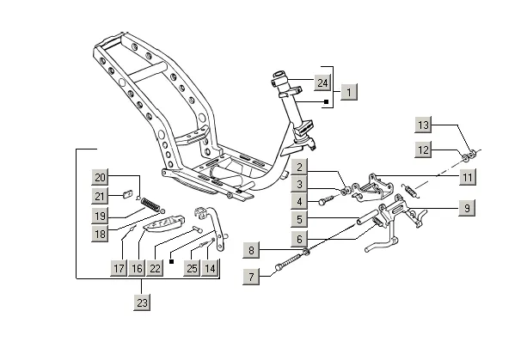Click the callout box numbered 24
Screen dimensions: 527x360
pos(322,82)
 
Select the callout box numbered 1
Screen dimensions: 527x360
pos(349,92)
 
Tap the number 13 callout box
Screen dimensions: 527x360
pos(423,125)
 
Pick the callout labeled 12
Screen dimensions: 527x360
pos(423,149)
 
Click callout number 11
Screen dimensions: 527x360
pos(468,177)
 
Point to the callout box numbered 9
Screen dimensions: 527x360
pos(467,208)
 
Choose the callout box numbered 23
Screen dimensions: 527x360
pos(142,302)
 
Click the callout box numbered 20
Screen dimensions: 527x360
pos(101,177)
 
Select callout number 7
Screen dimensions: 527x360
pos(251,277)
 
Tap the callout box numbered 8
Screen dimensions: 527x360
pos(251,250)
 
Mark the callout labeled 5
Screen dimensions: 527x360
pos(299,219)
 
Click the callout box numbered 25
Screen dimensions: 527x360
pos(192,268)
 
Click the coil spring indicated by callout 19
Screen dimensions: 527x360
pos(150,204)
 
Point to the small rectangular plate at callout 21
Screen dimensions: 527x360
pos(126,194)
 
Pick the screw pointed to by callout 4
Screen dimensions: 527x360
pos(326,200)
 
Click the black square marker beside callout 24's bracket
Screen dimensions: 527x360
pos(326,101)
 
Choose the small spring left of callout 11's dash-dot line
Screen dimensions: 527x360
pos(410,190)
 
